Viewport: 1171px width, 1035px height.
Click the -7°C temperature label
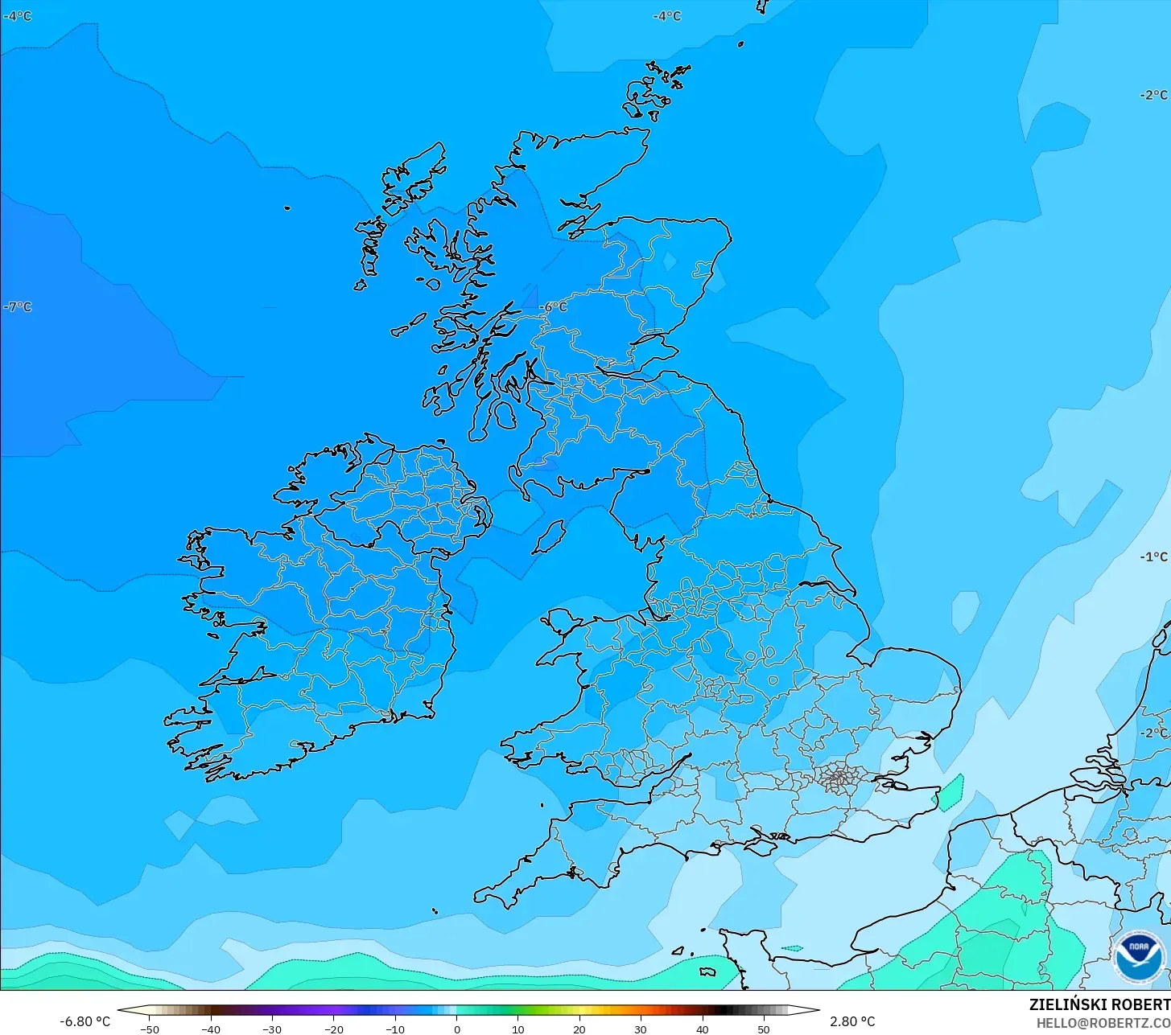click(x=18, y=306)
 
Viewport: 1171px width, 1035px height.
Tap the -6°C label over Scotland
click(x=554, y=307)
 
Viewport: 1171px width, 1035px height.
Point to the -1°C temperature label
click(x=1153, y=557)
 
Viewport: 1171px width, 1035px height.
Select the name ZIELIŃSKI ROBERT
click(x=1099, y=1004)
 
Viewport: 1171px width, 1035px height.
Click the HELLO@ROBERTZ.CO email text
click(x=1103, y=1023)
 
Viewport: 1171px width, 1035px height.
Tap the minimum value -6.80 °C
click(x=85, y=1021)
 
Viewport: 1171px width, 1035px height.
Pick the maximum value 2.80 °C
click(x=852, y=1021)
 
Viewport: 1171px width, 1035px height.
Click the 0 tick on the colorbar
click(x=456, y=1029)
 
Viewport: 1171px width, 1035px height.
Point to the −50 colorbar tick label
click(x=149, y=1029)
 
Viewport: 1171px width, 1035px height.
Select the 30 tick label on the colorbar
click(x=641, y=1029)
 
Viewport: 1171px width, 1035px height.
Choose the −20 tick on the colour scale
click(x=333, y=1029)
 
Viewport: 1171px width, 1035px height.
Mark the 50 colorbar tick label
click(x=764, y=1029)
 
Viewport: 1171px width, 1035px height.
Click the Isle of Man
click(x=550, y=536)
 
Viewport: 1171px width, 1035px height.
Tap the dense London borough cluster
click(x=838, y=777)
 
